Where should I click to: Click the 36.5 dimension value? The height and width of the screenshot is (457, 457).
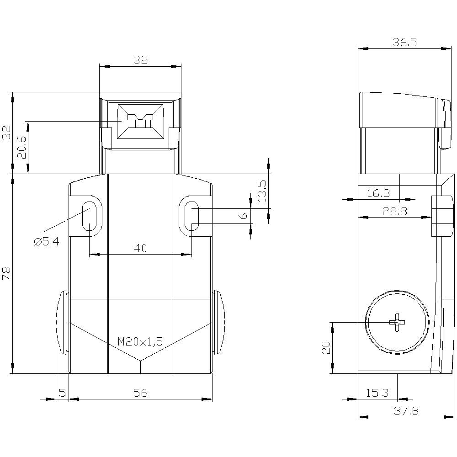click(x=404, y=42)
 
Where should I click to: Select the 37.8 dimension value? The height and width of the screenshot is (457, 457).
click(x=406, y=411)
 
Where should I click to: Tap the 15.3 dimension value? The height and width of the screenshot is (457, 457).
click(x=377, y=393)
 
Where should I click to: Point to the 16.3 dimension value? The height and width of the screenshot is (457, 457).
click(x=378, y=193)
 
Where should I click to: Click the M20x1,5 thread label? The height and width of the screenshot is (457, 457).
click(x=140, y=341)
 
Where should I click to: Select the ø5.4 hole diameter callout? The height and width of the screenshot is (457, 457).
click(x=46, y=242)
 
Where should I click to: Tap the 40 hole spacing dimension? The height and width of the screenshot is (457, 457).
click(x=140, y=248)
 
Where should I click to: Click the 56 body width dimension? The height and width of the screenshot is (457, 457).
click(x=140, y=393)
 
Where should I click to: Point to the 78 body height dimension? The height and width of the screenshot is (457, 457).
click(x=6, y=273)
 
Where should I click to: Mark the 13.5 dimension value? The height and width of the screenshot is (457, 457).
click(x=262, y=191)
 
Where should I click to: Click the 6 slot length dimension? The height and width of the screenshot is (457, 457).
click(x=244, y=216)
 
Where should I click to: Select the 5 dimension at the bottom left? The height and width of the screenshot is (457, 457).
click(x=62, y=393)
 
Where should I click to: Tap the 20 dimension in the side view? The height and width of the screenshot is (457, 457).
click(x=326, y=348)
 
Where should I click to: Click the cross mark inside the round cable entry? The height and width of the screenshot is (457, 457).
click(x=397, y=322)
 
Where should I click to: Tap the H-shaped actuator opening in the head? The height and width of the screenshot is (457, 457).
click(x=140, y=122)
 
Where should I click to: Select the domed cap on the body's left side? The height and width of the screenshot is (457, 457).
click(x=61, y=322)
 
